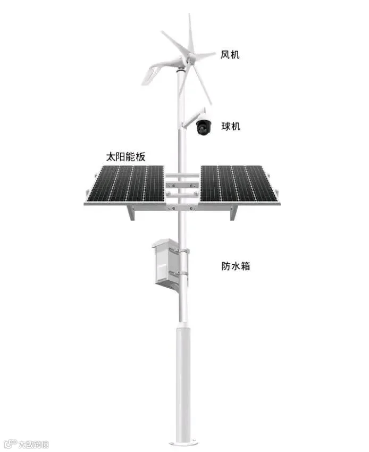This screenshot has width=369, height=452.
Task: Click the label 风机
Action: [230, 54]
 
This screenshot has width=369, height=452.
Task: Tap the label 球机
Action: [231, 127]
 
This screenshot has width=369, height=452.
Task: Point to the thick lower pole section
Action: [183, 383]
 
